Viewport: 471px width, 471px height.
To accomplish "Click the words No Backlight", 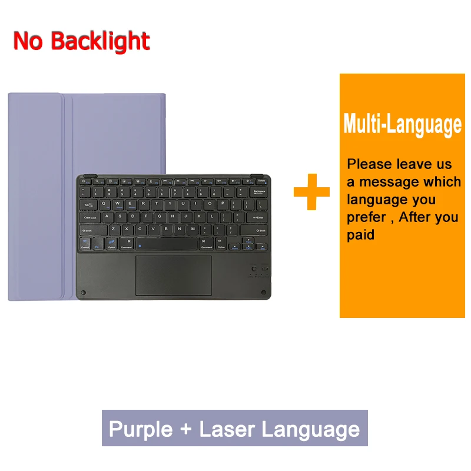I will coord(81,41).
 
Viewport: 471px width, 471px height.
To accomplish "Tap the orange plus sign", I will coord(311,191).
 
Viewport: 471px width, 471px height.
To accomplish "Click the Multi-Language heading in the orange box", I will coord(402,125).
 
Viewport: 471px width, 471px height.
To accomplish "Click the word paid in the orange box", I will coord(360,235).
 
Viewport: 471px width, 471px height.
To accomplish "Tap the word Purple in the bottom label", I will coord(141,429).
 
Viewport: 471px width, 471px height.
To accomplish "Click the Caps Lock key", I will coord(91,217).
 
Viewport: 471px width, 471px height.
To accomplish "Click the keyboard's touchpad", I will coord(173,275).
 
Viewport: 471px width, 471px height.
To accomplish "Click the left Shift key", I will coord(92,230).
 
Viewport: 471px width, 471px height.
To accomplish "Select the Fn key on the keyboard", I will coord(98,243).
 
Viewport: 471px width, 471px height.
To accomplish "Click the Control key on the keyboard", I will coord(85,243).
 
